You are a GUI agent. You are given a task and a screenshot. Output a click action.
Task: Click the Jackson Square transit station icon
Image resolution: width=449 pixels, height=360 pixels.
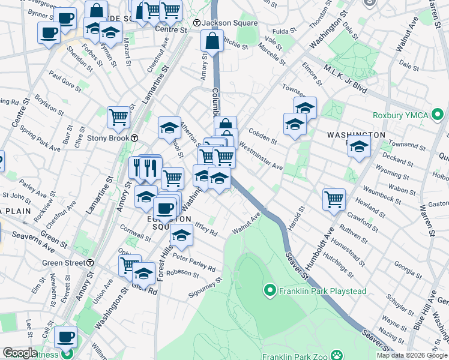coord(196,23)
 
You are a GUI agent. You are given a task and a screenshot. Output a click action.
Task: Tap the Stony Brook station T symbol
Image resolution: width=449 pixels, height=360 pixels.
coord(135,138)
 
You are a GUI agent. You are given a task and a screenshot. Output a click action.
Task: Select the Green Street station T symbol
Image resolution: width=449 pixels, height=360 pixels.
coord(90,263)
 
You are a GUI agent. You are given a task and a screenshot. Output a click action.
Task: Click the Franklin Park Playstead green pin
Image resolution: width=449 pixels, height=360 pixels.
coord(270,292)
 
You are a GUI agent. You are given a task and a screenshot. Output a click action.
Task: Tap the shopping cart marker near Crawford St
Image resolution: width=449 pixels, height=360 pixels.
coord(334,199)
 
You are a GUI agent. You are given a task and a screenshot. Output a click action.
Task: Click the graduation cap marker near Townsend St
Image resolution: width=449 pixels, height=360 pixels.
coord(359,146)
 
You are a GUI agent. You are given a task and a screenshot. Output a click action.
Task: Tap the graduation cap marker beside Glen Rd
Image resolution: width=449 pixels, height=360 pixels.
coord(143,273)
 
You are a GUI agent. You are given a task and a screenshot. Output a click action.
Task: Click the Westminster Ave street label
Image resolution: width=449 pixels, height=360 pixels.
coord(261,156)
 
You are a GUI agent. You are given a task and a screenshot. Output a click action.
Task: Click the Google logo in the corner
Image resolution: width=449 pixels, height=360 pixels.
coord(20,353)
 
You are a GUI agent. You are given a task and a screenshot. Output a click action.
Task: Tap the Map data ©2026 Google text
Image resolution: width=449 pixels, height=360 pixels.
coord(412,355)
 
